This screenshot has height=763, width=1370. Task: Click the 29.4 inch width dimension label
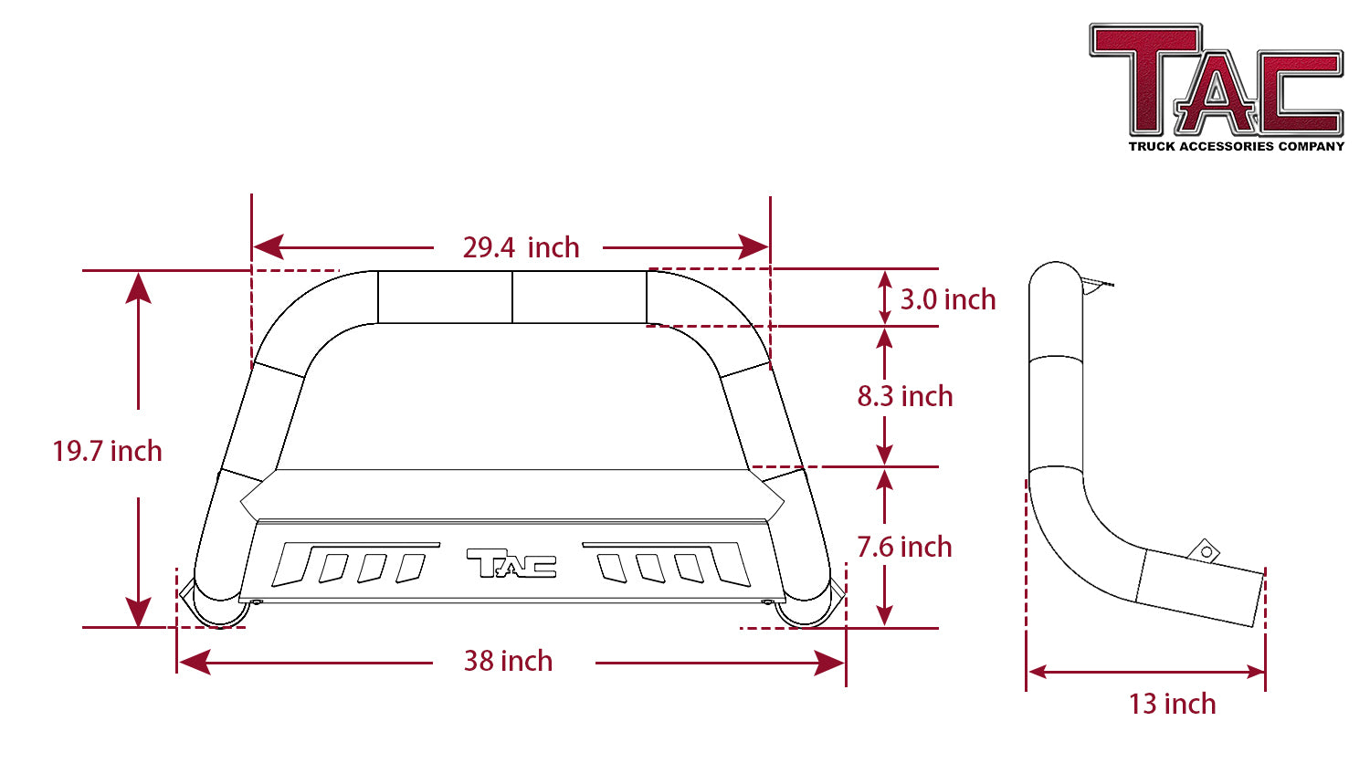[522, 247]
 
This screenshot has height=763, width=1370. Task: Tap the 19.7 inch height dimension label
[107, 451]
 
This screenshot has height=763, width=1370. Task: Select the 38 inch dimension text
[508, 661]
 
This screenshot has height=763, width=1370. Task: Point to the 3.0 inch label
[948, 299]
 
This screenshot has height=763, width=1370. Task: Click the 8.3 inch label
[905, 396]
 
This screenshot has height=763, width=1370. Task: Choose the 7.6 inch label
[904, 547]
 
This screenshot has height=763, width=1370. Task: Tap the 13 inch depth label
[1172, 704]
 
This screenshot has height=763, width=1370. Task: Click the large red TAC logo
[1216, 79]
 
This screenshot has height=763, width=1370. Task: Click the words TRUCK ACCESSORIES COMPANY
[1236, 147]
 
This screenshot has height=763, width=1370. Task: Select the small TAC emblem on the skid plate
[511, 563]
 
